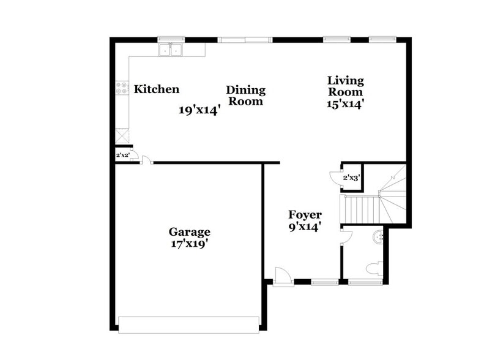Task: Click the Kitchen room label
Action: click(x=157, y=89)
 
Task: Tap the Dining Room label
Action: click(x=245, y=96)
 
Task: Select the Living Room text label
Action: click(x=345, y=86)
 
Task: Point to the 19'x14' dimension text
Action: click(x=199, y=111)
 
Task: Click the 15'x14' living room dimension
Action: click(x=345, y=104)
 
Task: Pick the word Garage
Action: click(x=190, y=232)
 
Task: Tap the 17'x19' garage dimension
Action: click(x=190, y=244)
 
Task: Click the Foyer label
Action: click(x=305, y=215)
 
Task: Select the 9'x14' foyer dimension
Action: click(x=305, y=227)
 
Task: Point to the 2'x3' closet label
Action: click(x=351, y=178)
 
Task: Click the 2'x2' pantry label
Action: click(x=122, y=156)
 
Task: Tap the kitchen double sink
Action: click(x=172, y=50)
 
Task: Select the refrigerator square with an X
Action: click(x=122, y=135)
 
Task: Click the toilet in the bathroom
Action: click(x=375, y=268)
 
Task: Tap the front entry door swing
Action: click(x=283, y=276)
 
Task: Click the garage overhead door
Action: click(x=188, y=324)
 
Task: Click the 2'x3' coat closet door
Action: click(x=335, y=178)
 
